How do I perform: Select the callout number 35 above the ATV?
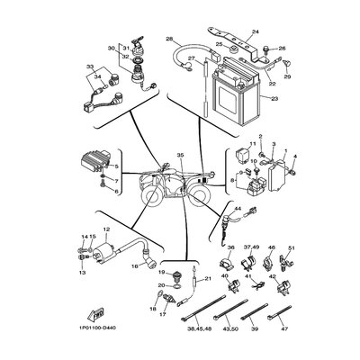[180, 157]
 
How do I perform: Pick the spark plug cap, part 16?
[144, 254]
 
